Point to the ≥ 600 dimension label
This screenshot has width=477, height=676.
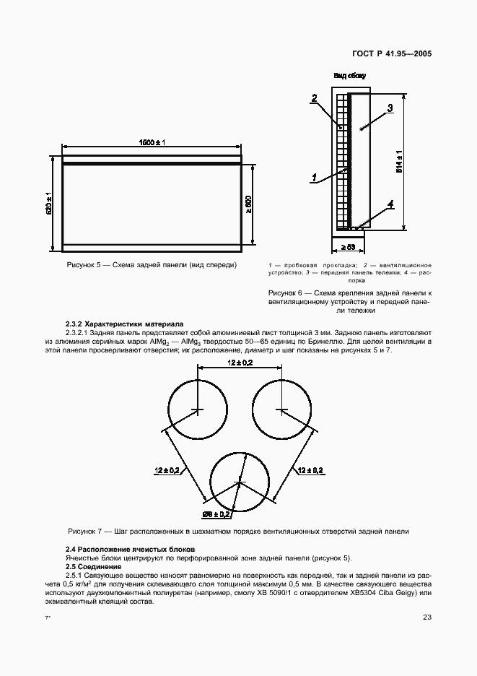coord(248,204)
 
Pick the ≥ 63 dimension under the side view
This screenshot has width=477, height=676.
coord(348,246)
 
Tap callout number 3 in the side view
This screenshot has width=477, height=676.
coord(389,108)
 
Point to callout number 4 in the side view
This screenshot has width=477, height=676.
coord(390,204)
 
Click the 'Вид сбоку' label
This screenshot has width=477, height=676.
coord(349,75)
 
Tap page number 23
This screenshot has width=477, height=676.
coord(427,616)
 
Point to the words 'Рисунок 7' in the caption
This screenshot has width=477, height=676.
coord(85,531)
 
